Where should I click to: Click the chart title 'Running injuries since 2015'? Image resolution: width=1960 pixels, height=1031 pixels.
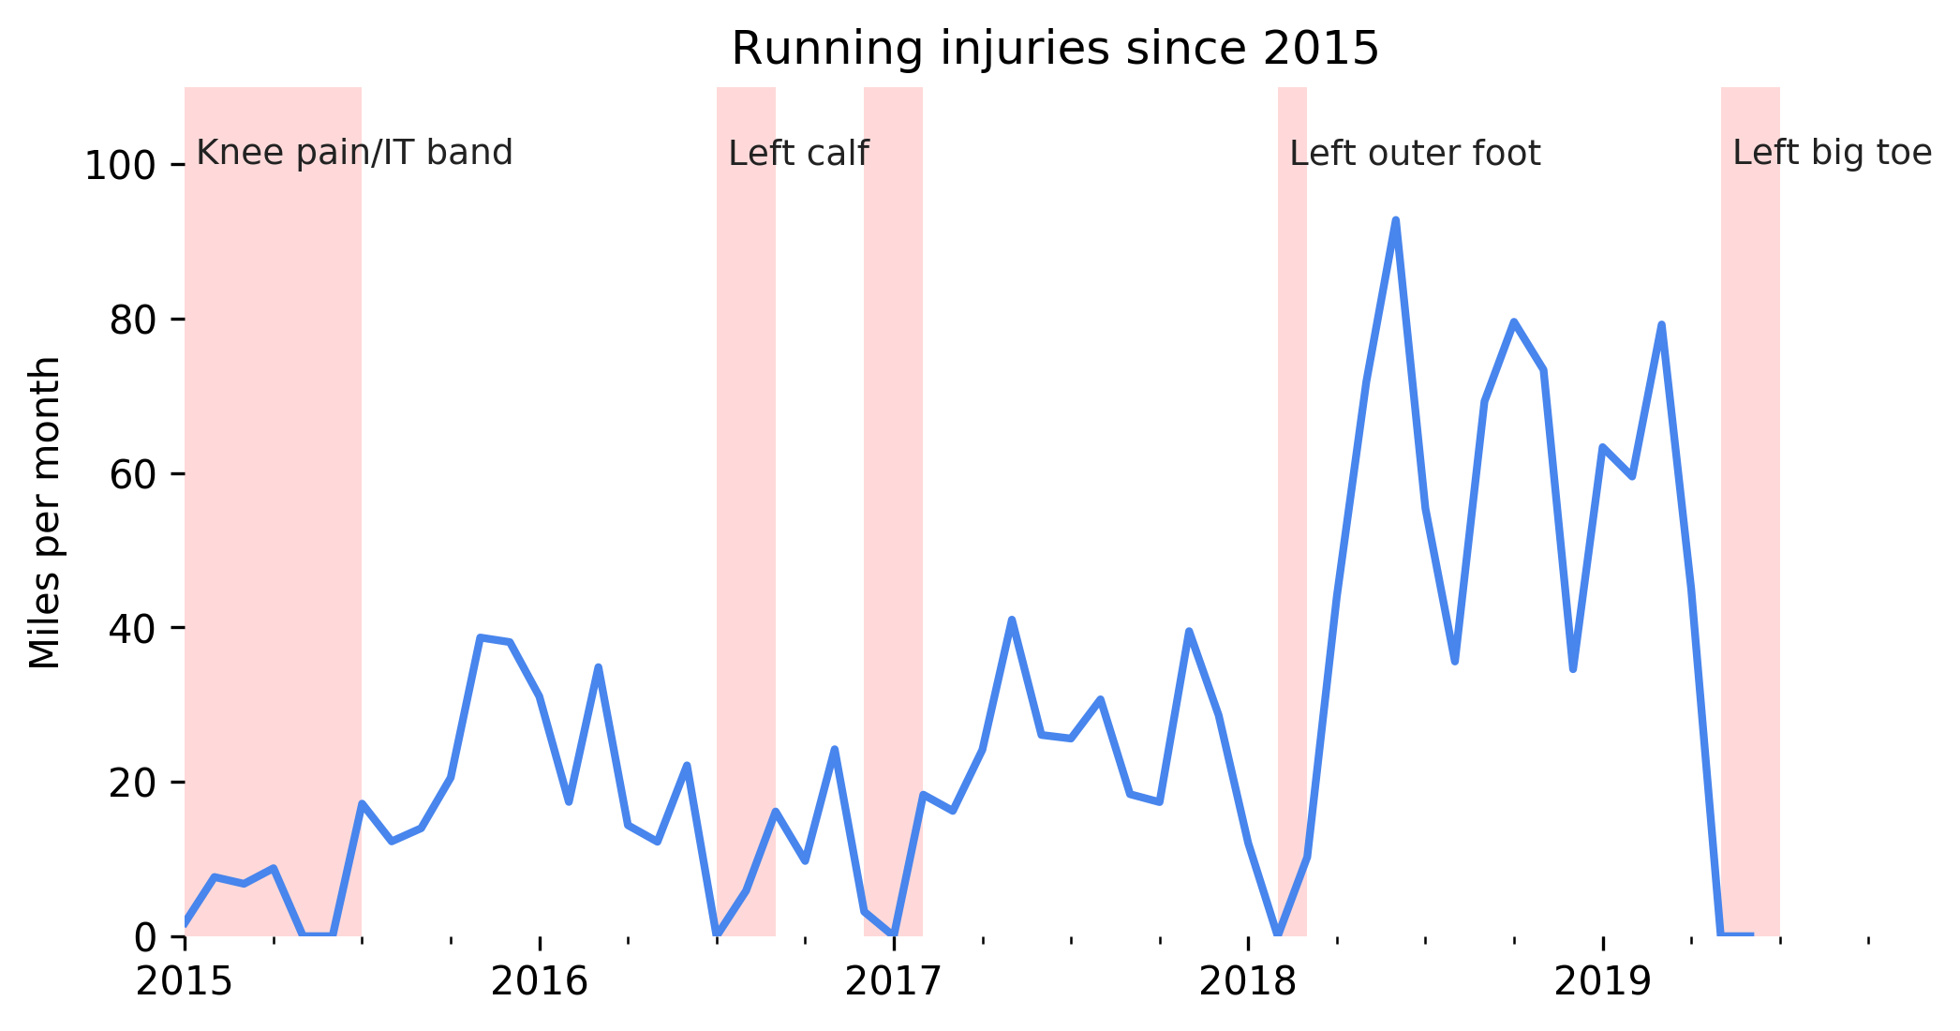[1055, 49]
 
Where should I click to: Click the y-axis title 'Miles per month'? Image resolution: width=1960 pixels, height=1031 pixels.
[44, 513]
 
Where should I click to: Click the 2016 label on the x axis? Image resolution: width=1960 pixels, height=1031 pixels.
[539, 982]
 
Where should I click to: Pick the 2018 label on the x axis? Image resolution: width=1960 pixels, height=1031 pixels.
[1247, 982]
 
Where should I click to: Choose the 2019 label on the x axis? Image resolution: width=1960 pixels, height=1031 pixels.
[1602, 982]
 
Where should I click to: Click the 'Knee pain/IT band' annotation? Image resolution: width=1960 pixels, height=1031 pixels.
[354, 153]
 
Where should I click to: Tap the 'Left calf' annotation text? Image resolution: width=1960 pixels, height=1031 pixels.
[798, 154]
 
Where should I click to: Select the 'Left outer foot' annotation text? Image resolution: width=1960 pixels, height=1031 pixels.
[1415, 154]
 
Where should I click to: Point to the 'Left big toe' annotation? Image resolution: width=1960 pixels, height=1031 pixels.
[1832, 153]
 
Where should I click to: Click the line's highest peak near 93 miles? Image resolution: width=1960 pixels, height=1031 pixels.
[1395, 221]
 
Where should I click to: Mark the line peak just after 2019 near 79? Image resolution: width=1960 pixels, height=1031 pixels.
[1661, 325]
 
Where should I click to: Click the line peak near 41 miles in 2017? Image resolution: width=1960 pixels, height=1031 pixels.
[1012, 620]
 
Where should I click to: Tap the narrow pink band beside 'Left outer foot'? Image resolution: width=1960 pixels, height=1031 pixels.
[1292, 469]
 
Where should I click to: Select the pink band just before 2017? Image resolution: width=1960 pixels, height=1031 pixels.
[893, 469]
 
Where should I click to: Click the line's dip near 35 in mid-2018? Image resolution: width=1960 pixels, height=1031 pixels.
[1454, 661]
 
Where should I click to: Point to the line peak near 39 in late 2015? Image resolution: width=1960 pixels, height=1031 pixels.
[481, 638]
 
